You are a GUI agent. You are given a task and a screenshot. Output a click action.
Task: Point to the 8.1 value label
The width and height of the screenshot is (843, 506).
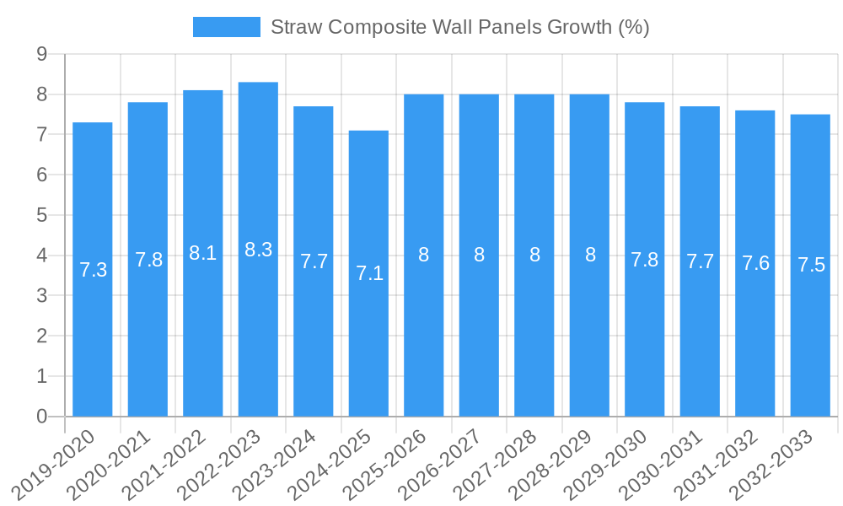tap(203, 253)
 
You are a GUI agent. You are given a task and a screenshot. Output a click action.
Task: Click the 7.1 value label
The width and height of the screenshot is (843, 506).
tap(369, 273)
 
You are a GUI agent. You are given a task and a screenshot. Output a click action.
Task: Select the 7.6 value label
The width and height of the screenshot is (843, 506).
tap(755, 263)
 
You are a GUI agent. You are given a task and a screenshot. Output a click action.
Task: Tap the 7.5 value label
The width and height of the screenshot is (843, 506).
tap(811, 265)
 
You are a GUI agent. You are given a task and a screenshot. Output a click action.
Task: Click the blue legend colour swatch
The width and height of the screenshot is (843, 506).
tap(226, 27)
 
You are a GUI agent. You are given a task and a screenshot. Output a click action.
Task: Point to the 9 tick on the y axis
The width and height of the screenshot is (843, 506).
tap(41, 54)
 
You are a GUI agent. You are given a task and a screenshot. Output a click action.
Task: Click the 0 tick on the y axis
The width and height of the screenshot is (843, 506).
tap(41, 417)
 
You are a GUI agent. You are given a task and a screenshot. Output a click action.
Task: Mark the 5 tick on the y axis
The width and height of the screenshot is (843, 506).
tap(41, 215)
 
